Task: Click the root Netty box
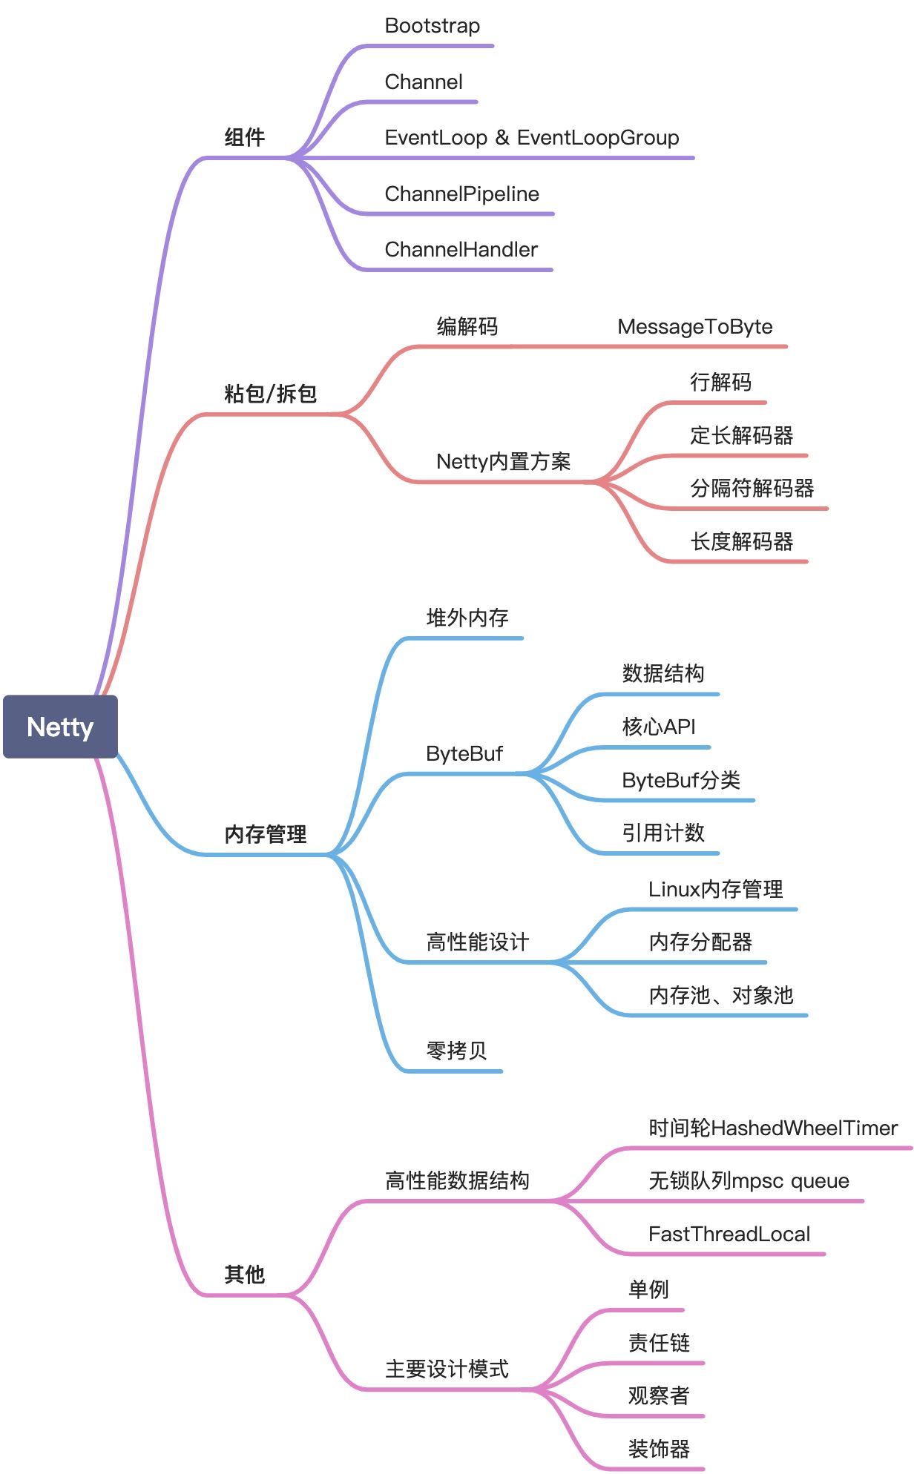[x=60, y=727]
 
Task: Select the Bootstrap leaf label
[x=432, y=26]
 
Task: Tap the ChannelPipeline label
[x=461, y=194]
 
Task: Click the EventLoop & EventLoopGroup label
[x=531, y=138]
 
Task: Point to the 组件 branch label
[x=244, y=137]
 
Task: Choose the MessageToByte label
[x=694, y=327]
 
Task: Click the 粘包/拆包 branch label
[x=270, y=394]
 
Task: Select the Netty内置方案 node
[x=503, y=462]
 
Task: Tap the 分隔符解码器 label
[x=752, y=489]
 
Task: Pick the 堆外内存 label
[x=467, y=618]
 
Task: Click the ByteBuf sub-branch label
[x=464, y=754]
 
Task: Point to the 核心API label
[x=658, y=727]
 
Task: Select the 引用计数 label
[x=663, y=833]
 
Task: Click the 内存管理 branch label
[x=265, y=834]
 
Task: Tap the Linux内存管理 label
[x=715, y=889]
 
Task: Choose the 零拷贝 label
[x=456, y=1051]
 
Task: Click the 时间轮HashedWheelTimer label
[x=772, y=1128]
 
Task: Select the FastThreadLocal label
[x=729, y=1235]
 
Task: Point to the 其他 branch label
[x=244, y=1275]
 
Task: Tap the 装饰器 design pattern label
[x=658, y=1449]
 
